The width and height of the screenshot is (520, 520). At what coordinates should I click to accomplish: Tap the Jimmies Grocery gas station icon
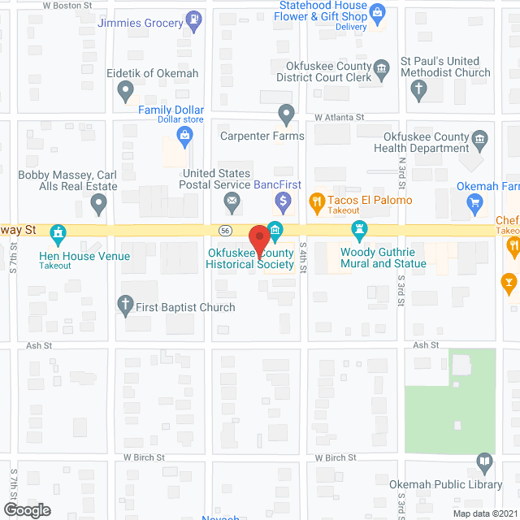tap(194, 17)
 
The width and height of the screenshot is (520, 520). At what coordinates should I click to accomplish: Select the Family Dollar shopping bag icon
tap(184, 136)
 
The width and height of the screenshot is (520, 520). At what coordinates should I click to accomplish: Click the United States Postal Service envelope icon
tap(232, 200)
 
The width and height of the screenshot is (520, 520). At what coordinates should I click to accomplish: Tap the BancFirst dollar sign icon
tap(283, 199)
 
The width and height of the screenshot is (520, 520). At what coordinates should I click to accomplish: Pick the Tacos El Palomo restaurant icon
tap(317, 200)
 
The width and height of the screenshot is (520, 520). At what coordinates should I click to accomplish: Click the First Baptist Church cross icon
tap(125, 306)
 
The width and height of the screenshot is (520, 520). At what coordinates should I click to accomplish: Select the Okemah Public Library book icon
tap(485, 463)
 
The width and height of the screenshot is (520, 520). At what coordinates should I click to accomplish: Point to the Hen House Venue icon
tap(57, 235)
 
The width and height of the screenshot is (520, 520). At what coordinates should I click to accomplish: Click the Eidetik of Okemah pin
tap(125, 93)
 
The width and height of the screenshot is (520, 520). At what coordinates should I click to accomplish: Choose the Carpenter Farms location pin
tap(285, 114)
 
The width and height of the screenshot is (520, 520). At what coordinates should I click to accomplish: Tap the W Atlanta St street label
tap(340, 118)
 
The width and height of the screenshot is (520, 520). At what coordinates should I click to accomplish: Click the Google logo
tap(26, 510)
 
